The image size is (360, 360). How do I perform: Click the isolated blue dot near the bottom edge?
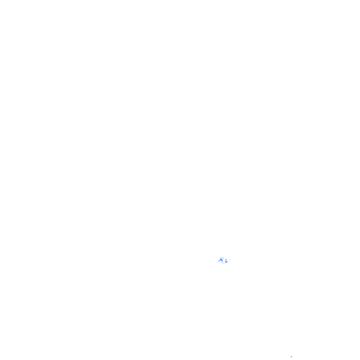point(291,356)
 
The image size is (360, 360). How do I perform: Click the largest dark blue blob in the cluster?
point(221,260)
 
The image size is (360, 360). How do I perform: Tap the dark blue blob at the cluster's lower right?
point(226,262)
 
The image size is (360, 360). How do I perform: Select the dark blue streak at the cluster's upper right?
point(226,259)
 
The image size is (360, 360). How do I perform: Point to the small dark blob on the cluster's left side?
point(219,261)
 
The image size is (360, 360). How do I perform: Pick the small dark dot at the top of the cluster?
point(222,258)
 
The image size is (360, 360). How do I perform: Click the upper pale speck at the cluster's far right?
point(230,260)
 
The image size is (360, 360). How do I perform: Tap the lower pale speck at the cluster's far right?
point(229,261)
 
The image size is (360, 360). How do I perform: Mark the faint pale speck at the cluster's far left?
point(218,262)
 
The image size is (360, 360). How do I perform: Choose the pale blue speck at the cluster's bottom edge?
point(223,264)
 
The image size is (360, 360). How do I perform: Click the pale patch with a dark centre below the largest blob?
point(222,262)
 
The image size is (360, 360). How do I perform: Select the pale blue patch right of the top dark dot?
point(224,258)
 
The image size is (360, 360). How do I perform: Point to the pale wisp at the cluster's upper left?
point(220,258)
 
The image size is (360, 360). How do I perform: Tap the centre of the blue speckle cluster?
point(224,261)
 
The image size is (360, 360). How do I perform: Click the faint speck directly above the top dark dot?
point(221,256)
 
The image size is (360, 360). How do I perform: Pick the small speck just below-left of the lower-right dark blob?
point(225,263)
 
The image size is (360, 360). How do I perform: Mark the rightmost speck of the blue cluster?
point(230,260)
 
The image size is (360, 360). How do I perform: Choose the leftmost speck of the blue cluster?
point(218,262)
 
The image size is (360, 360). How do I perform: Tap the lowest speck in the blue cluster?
point(223,264)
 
